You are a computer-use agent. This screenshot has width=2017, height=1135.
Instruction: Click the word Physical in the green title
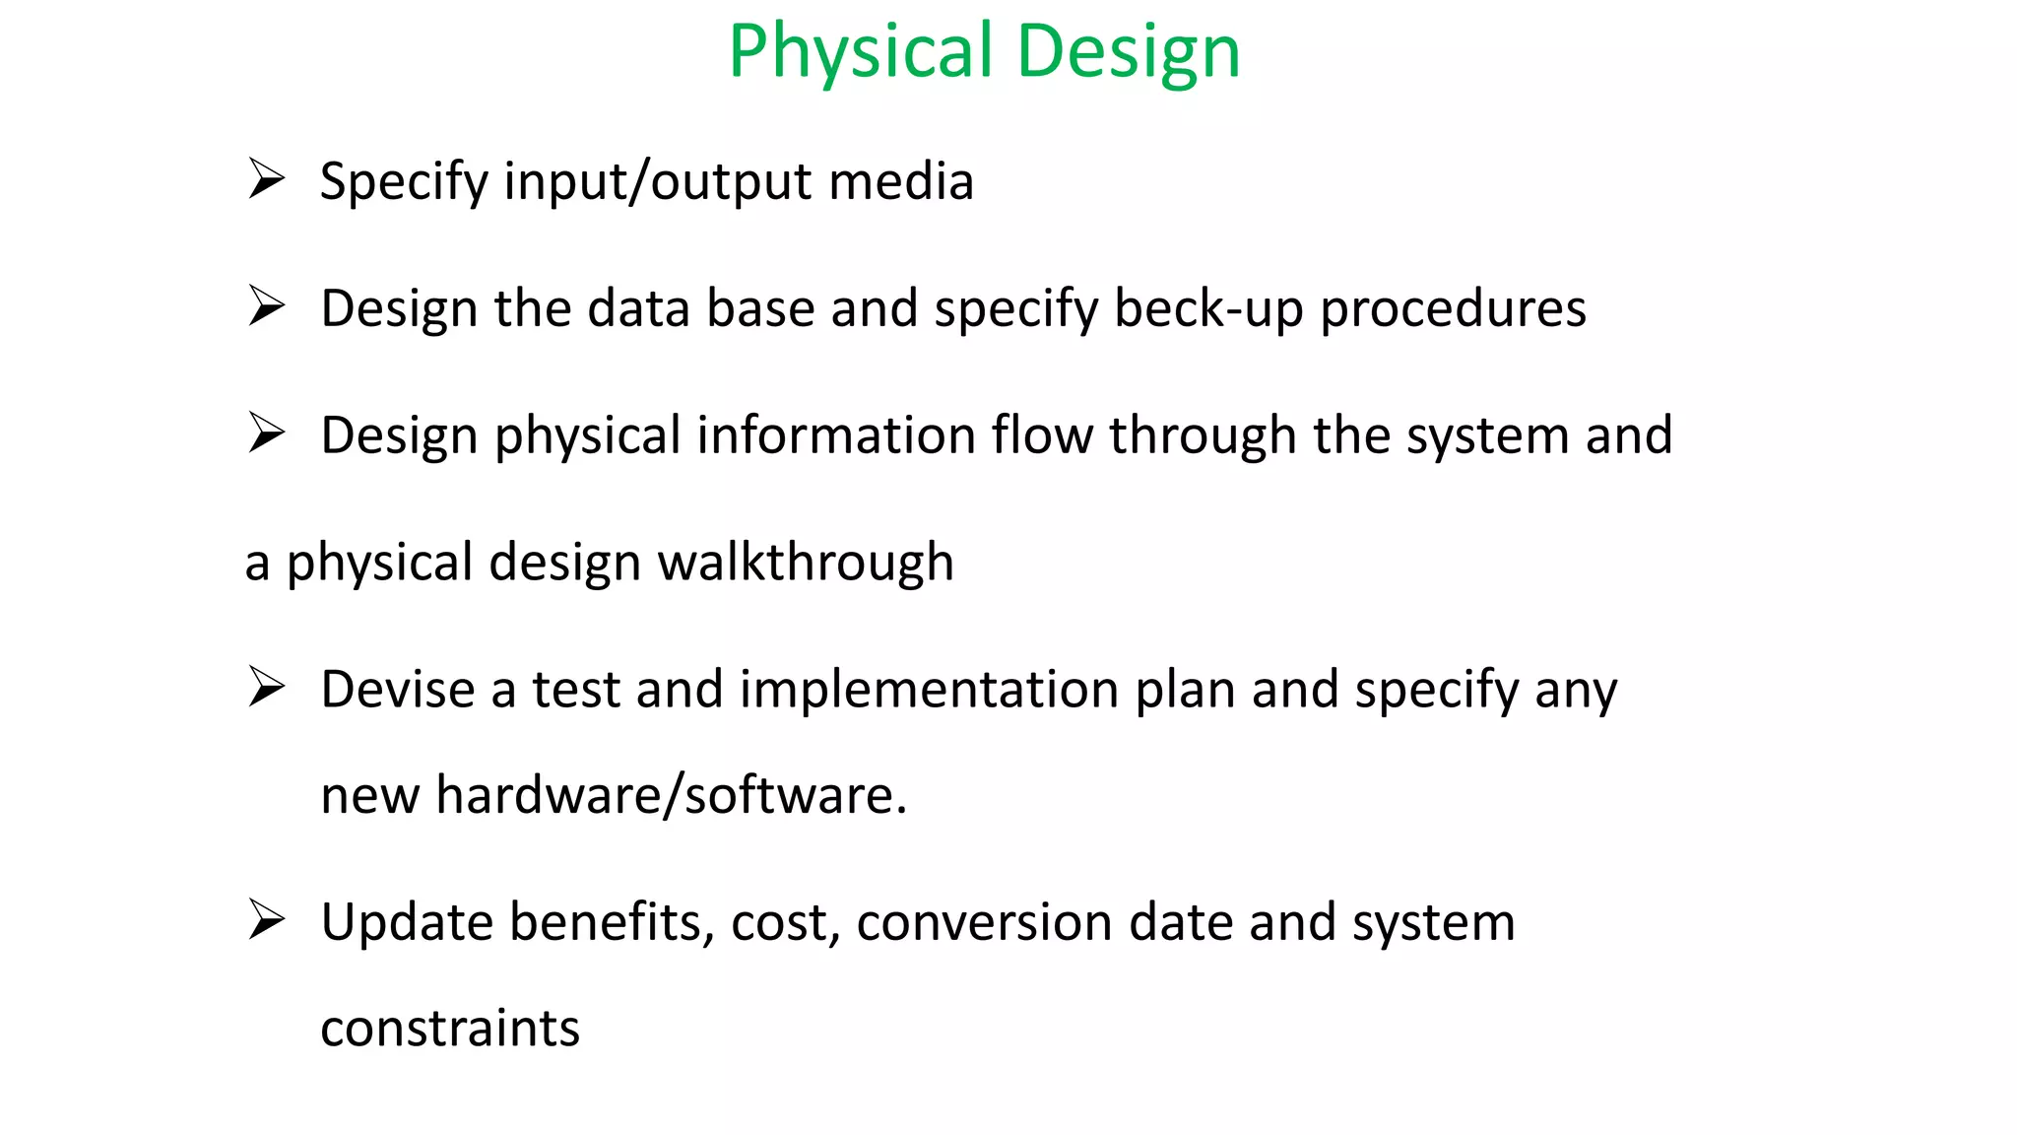(860, 51)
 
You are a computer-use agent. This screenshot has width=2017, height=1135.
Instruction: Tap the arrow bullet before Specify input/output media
(266, 179)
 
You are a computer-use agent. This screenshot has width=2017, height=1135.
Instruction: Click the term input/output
(657, 183)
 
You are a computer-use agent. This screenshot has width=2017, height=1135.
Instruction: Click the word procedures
(1453, 310)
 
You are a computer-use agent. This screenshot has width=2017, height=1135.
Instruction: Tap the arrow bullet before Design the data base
(266, 306)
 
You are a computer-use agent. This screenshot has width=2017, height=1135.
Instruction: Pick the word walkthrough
(805, 563)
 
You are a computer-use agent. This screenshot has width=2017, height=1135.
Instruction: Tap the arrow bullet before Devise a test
(266, 688)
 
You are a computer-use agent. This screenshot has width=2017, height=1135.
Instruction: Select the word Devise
(397, 689)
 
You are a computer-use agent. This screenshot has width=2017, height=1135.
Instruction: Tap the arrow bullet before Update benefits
(266, 921)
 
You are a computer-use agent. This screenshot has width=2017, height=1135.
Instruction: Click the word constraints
(450, 1029)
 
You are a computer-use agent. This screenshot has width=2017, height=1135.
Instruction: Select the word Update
(407, 923)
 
